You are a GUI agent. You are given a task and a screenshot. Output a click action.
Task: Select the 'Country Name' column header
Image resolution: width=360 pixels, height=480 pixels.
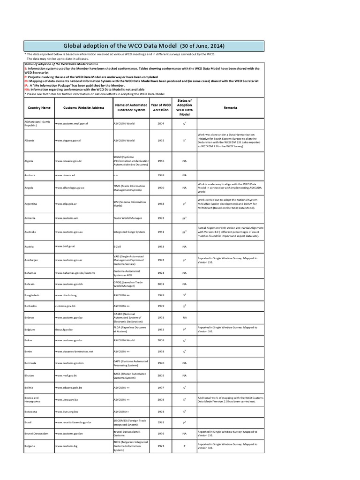(x=39, y=107)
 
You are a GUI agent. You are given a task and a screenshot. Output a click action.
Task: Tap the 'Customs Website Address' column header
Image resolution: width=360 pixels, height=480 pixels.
(x=83, y=107)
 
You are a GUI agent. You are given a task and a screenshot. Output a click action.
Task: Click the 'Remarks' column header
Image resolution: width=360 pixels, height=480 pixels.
(x=230, y=107)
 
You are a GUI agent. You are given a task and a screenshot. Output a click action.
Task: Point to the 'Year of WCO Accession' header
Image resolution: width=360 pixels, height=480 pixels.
(x=161, y=107)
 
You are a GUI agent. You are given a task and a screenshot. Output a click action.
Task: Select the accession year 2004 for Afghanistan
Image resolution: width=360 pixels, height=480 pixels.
(x=161, y=124)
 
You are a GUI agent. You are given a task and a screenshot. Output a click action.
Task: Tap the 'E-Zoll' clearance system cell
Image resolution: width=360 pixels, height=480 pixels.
(x=118, y=246)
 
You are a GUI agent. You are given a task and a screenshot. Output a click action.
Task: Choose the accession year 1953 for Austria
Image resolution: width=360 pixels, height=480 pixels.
(x=161, y=246)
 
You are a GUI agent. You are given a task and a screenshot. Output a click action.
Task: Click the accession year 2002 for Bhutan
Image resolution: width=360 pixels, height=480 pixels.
(x=161, y=375)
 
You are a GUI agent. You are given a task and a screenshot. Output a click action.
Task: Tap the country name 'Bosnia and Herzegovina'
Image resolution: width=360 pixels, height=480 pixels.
(x=33, y=399)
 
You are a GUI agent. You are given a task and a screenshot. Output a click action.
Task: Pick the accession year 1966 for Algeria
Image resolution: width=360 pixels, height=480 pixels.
(x=161, y=160)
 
